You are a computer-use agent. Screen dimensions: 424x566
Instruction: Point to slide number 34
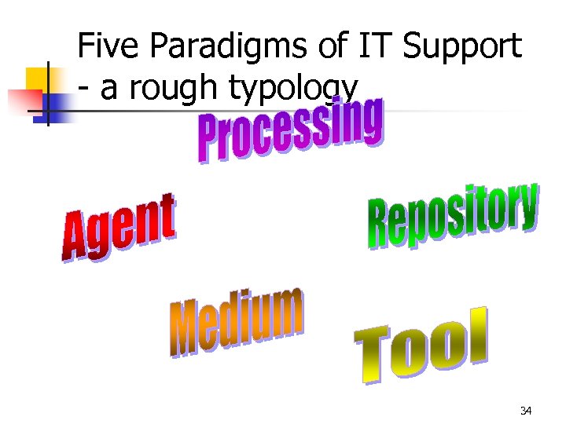526,411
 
